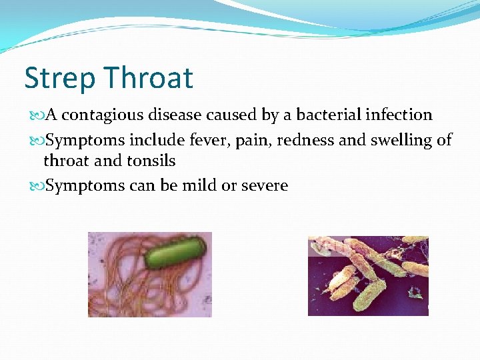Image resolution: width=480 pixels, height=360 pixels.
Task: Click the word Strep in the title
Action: click(x=58, y=79)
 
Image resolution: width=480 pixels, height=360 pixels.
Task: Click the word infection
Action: click(x=399, y=115)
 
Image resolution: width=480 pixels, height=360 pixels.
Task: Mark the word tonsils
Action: click(x=151, y=161)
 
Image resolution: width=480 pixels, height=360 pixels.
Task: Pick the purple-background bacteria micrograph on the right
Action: click(x=368, y=275)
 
